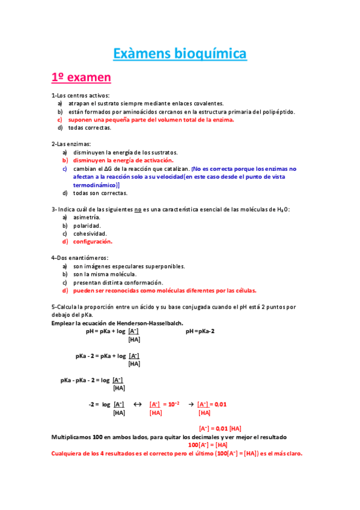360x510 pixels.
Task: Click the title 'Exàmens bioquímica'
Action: [180, 54]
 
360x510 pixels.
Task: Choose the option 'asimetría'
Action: [87, 217]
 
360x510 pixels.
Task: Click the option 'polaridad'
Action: [87, 226]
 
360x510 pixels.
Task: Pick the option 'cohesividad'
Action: [90, 233]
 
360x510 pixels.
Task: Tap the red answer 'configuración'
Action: [93, 242]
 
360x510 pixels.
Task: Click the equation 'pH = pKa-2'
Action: [200, 331]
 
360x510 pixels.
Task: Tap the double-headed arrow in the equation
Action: [136, 404]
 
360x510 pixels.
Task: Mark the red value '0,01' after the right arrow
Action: [220, 404]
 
